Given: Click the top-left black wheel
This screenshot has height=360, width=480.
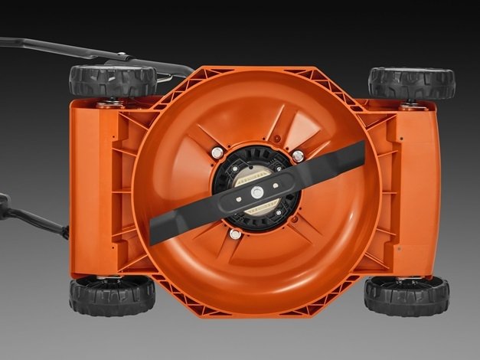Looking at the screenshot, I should point(101,80).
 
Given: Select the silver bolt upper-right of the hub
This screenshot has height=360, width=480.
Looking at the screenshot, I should point(297,156).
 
